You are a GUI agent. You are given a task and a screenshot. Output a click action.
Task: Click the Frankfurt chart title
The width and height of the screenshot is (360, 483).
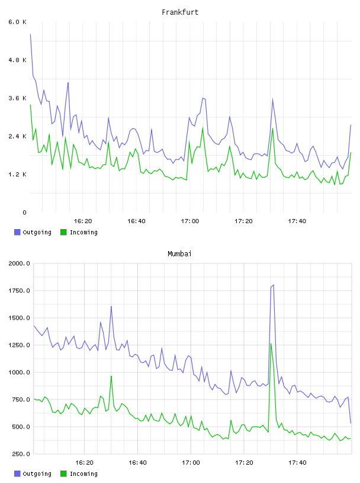click(180, 12)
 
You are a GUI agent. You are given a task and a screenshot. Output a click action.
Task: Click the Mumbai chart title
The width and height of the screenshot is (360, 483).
click(179, 254)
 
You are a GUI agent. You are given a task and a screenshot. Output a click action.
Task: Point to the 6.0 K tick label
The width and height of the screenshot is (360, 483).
click(17, 22)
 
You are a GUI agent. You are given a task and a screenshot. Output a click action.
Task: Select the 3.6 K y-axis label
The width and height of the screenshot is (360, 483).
click(17, 98)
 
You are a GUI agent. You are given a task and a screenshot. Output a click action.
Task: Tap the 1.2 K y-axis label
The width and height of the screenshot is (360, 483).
click(17, 175)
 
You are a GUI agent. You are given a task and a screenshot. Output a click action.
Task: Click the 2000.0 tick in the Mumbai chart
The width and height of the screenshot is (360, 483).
click(19, 263)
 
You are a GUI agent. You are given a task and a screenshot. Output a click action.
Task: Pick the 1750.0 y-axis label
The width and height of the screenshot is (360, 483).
click(19, 291)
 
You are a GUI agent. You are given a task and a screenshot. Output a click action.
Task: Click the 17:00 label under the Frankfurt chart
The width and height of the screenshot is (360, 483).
click(190, 221)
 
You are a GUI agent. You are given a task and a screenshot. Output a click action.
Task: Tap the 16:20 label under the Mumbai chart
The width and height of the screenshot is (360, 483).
click(84, 463)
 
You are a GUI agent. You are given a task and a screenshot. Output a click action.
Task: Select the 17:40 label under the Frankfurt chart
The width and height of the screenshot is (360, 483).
click(297, 221)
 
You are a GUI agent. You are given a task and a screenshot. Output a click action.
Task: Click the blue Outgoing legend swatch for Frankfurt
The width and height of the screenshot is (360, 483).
click(17, 232)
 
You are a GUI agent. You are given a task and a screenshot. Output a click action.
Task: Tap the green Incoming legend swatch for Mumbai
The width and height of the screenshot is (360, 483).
click(63, 474)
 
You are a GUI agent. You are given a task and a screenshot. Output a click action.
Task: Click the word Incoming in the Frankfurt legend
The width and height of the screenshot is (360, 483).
click(83, 233)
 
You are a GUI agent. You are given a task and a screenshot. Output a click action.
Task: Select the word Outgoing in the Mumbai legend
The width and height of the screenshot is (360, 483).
click(37, 474)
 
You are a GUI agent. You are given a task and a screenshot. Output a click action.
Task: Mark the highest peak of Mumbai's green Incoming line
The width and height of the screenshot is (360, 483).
click(271, 344)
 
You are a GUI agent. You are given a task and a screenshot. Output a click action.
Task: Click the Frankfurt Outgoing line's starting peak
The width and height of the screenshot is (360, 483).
click(30, 34)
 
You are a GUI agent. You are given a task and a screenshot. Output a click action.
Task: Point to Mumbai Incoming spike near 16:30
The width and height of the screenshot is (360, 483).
click(111, 376)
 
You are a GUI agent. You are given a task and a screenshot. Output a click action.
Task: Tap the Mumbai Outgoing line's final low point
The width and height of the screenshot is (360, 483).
click(351, 423)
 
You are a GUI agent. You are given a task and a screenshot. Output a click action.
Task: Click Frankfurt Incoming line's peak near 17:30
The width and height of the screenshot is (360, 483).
click(273, 128)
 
